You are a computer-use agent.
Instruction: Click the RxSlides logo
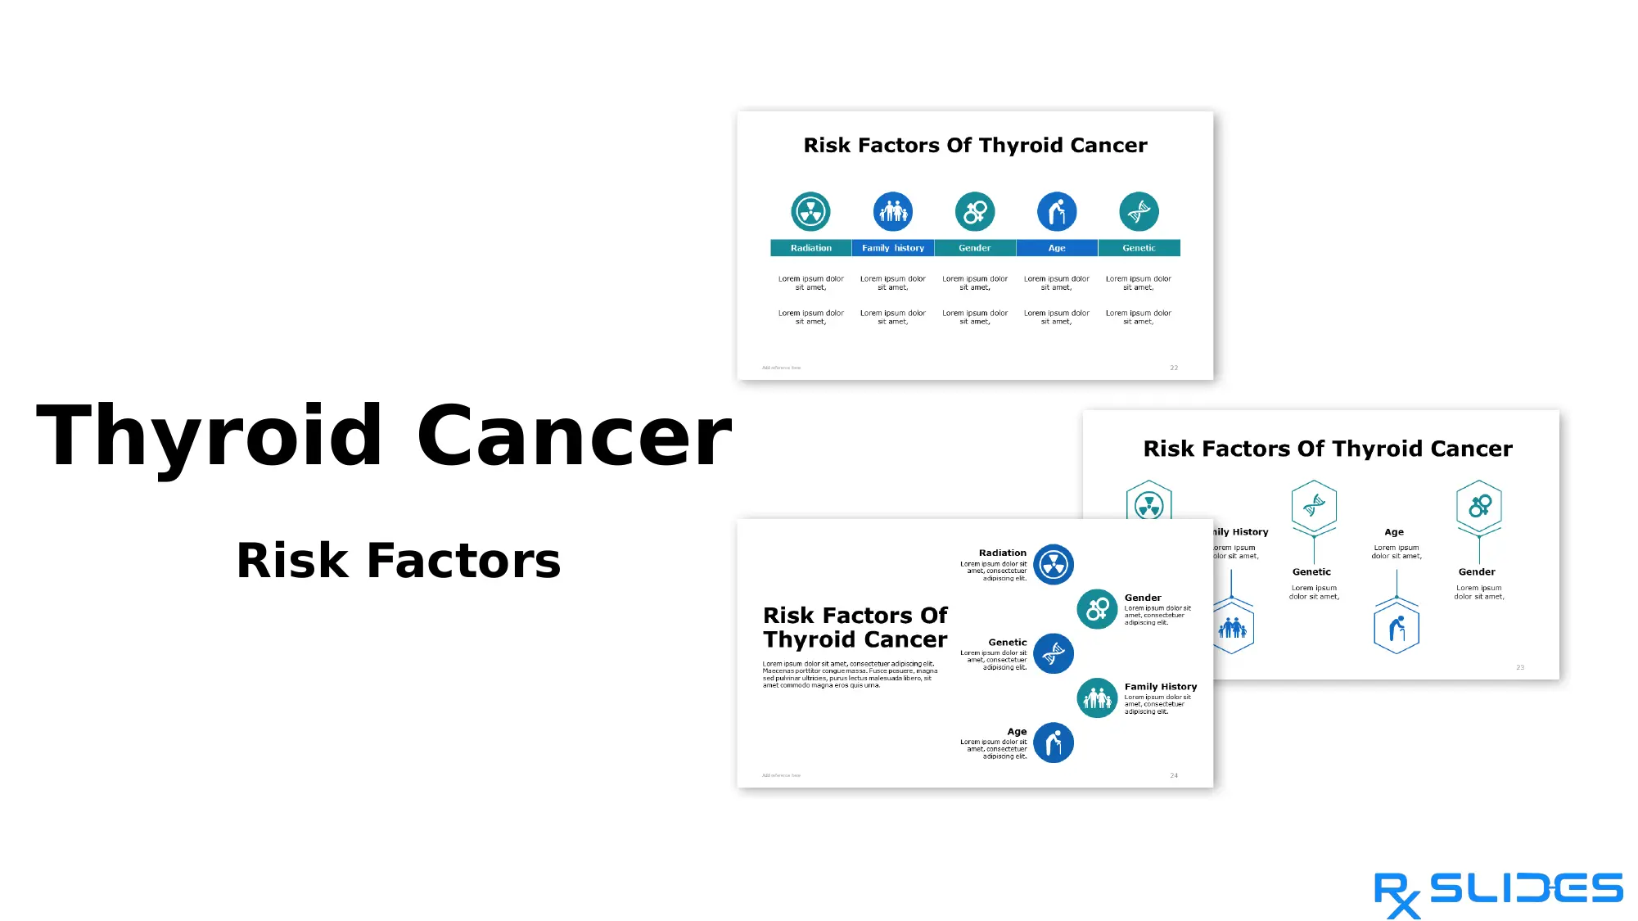[1497, 894]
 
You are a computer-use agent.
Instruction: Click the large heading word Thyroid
[210, 436]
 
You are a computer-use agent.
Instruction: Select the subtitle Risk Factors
[399, 561]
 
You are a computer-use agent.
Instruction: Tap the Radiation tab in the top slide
[810, 248]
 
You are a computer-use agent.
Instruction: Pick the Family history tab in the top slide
[892, 248]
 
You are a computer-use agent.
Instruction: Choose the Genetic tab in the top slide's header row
[1139, 248]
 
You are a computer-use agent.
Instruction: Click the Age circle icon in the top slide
[1057, 212]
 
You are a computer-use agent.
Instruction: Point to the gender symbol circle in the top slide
[975, 212]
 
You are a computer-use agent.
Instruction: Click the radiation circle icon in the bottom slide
[1054, 565]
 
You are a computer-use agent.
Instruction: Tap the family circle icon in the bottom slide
[1097, 698]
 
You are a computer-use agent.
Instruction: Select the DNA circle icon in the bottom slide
[1054, 653]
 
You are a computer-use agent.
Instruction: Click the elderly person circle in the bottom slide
[1054, 743]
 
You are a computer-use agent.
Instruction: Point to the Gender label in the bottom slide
[1143, 598]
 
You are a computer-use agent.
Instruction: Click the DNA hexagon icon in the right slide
[1314, 506]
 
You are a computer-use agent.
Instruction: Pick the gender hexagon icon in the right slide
[1479, 506]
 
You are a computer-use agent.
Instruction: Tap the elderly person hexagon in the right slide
[1397, 629]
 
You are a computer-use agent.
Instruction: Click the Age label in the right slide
[1394, 532]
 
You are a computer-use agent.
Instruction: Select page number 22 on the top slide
[1174, 368]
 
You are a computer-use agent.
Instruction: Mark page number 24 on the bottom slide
[1174, 775]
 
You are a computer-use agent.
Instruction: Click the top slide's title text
[975, 146]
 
